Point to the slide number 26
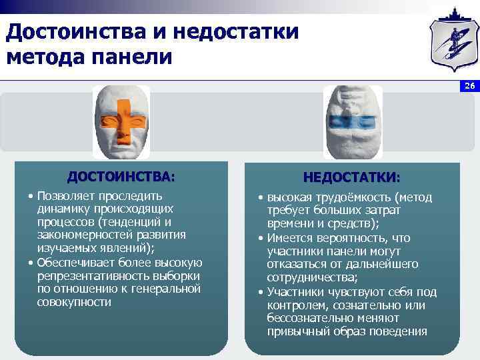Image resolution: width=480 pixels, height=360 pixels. pyautogui.click(x=469, y=87)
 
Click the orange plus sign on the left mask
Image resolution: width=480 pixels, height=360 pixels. pyautogui.click(x=121, y=123)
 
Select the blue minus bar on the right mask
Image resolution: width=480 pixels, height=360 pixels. pyautogui.click(x=353, y=121)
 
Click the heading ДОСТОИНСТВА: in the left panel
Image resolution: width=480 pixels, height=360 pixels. pyautogui.click(x=121, y=177)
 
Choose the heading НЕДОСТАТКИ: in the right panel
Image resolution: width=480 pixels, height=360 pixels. pyautogui.click(x=352, y=178)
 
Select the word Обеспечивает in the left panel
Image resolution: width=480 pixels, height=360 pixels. pyautogui.click(x=76, y=262)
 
